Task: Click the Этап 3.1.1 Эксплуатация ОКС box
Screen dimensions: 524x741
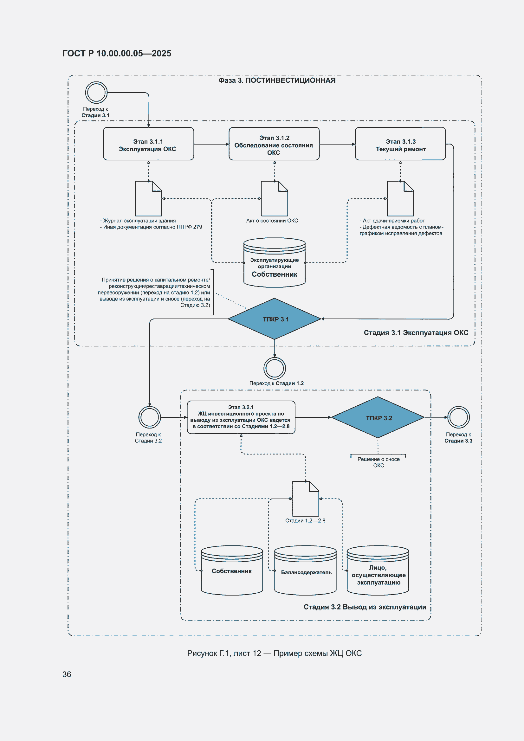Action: (149, 144)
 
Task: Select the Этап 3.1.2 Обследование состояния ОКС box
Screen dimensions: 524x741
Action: (274, 144)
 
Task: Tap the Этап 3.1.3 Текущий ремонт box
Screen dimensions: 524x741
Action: (400, 144)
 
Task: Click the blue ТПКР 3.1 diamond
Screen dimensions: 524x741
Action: (275, 319)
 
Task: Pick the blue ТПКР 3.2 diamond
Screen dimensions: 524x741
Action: (378, 417)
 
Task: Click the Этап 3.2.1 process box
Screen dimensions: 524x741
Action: (241, 417)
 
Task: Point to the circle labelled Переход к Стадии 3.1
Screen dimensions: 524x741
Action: (96, 93)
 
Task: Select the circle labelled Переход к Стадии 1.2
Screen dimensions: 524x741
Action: (275, 368)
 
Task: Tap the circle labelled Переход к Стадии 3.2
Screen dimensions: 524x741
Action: (150, 417)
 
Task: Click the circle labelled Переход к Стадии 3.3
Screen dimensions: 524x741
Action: (458, 417)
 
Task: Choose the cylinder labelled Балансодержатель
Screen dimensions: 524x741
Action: (305, 570)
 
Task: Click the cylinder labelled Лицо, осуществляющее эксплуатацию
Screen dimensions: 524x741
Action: (378, 570)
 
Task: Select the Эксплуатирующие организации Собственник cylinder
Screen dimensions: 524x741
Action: (275, 262)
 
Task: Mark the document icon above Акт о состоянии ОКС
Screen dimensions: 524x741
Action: (275, 198)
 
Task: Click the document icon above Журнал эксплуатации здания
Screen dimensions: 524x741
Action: (149, 198)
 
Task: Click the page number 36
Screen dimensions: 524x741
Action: (67, 674)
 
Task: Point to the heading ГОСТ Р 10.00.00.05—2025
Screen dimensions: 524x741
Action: (117, 53)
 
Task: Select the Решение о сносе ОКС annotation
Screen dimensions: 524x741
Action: (378, 462)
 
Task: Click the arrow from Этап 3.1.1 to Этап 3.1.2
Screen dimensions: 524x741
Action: (211, 144)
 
